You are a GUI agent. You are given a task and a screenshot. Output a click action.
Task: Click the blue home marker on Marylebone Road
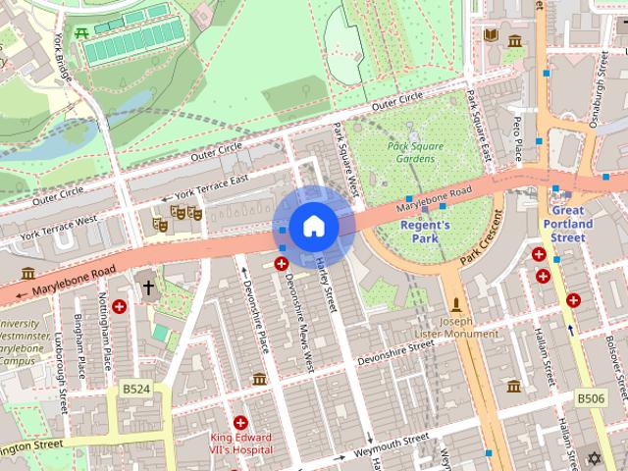(313, 226)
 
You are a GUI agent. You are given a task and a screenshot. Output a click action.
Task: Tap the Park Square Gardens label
(415, 153)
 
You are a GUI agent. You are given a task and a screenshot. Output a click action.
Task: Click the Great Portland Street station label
(568, 224)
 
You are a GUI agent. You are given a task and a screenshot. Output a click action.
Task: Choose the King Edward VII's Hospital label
(240, 444)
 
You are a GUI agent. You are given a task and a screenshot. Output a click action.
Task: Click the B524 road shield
(136, 390)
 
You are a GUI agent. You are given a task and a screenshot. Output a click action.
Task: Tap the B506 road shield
(591, 398)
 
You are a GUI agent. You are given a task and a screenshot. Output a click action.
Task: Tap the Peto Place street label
(517, 137)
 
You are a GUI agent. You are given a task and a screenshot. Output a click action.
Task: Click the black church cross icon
(148, 288)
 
